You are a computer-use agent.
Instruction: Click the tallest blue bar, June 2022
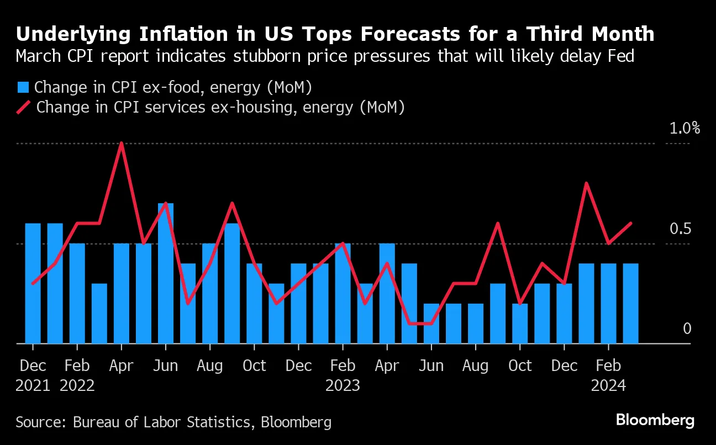point(166,273)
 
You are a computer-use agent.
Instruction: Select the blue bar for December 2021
point(33,283)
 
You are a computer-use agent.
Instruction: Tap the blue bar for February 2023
point(343,293)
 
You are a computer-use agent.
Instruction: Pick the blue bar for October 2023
point(520,324)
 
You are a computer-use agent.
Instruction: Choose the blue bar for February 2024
point(608,303)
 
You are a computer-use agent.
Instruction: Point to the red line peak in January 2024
point(586,183)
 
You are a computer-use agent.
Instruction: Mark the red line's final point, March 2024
point(630,224)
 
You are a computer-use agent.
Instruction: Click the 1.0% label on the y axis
point(684,129)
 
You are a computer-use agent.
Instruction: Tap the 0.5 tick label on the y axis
point(680,229)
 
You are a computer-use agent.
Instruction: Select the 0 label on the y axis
point(687,329)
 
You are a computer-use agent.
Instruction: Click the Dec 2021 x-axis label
point(33,365)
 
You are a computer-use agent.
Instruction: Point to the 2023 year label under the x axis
point(343,385)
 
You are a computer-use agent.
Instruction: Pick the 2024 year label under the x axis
point(608,385)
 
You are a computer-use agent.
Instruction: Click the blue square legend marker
point(23,87)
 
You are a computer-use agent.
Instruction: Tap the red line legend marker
point(23,107)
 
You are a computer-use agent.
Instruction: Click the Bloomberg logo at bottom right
point(655,420)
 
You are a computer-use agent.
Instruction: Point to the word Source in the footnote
point(39,422)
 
